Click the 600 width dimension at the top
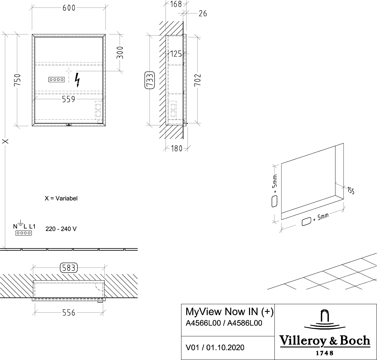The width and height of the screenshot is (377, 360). coord(69,8)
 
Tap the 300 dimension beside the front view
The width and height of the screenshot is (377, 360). coord(121,53)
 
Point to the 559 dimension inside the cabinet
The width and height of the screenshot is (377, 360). coord(69,99)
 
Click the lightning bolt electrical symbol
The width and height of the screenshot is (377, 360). coord(77,80)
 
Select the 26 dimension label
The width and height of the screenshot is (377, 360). coord(203,13)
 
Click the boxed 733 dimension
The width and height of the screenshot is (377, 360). coord(149,80)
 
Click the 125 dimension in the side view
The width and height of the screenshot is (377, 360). coord(177,54)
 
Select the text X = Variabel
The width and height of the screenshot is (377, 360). coord(60,199)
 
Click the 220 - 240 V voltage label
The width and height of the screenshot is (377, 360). coord(61,229)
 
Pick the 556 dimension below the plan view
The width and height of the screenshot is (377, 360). coord(69,313)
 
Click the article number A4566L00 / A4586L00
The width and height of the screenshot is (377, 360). coord(224,323)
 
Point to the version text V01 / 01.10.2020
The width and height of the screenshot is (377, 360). coord(215,348)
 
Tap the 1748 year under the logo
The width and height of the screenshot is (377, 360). coord(324,353)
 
